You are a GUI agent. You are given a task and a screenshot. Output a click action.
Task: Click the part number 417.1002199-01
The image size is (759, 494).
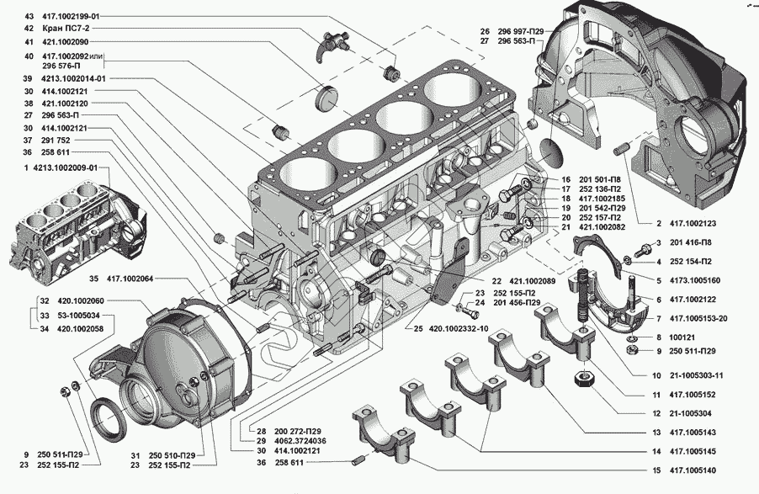pyautogui.click(x=71, y=17)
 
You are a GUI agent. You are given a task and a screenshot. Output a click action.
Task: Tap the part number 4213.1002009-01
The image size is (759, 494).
pyautogui.click(x=65, y=168)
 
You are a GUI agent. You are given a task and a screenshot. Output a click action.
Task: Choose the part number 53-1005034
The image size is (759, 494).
pyautogui.click(x=77, y=316)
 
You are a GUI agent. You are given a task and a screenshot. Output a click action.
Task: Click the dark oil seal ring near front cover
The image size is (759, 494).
pyautogui.click(x=111, y=419)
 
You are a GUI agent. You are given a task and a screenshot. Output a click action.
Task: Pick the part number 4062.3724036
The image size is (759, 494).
pyautogui.click(x=300, y=441)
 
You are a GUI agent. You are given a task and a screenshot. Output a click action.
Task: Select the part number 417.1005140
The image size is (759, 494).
pyautogui.click(x=693, y=470)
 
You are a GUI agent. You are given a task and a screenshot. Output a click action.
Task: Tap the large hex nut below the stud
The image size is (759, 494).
pyautogui.click(x=585, y=377)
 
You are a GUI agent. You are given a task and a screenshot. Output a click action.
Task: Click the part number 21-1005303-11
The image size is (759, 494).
pyautogui.click(x=697, y=375)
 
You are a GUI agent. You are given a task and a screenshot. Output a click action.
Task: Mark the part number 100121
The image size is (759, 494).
pyautogui.click(x=682, y=337)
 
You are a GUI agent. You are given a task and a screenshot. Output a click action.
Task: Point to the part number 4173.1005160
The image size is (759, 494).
pyautogui.click(x=694, y=280)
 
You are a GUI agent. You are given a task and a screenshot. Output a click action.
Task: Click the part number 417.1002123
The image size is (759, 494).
pyautogui.click(x=693, y=224)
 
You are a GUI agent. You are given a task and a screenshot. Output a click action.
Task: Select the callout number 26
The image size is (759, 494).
pyautogui.click(x=485, y=31)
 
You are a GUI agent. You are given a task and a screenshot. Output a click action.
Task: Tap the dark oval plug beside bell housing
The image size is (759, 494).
pyautogui.click(x=550, y=153)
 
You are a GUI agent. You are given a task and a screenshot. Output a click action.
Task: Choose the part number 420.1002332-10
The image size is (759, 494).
pyautogui.click(x=458, y=329)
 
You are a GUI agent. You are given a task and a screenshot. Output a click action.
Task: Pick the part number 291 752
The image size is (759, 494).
pyautogui.click(x=56, y=141)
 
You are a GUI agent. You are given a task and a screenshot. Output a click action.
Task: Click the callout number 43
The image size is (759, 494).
pyautogui.click(x=29, y=17)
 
